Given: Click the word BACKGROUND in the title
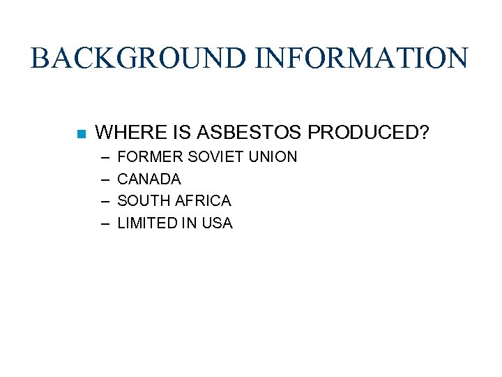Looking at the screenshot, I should tap(139, 58).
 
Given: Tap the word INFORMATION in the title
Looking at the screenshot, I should tap(361, 58).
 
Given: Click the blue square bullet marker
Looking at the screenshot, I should tap(81, 133).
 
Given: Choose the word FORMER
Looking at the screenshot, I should tap(144, 157).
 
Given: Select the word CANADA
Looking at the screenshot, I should tap(149, 179).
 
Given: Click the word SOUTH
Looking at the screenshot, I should tap(143, 201).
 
